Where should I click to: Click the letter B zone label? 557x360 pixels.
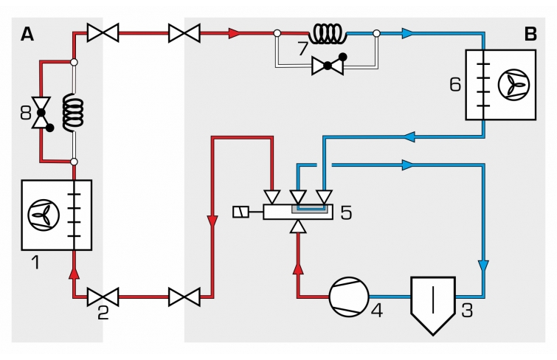(530, 34)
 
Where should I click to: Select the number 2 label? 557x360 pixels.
(103, 313)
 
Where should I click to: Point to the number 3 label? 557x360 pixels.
(466, 310)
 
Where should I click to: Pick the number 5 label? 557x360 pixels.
(345, 213)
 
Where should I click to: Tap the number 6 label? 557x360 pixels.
(454, 83)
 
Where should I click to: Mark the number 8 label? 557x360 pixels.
(26, 114)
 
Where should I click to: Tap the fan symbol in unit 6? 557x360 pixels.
(508, 85)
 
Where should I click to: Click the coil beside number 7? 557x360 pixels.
(328, 33)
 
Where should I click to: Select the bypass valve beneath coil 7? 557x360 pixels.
(327, 66)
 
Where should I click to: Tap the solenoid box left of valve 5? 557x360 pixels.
(240, 212)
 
